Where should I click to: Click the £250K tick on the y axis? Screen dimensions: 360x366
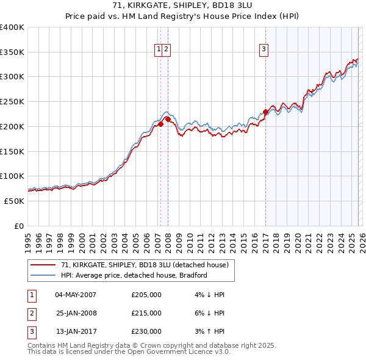pyautogui.click(x=12, y=101)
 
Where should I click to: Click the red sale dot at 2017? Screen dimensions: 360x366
pyautogui.click(x=265, y=112)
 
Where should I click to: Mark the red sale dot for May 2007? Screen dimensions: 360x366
pyautogui.click(x=160, y=124)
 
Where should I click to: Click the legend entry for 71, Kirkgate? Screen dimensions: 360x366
pyautogui.click(x=145, y=265)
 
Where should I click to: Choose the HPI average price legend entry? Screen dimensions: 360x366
pyautogui.click(x=134, y=275)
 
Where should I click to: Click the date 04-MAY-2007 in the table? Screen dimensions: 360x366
pyautogui.click(x=76, y=295)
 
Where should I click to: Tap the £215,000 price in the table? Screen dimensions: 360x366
pyautogui.click(x=146, y=313)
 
